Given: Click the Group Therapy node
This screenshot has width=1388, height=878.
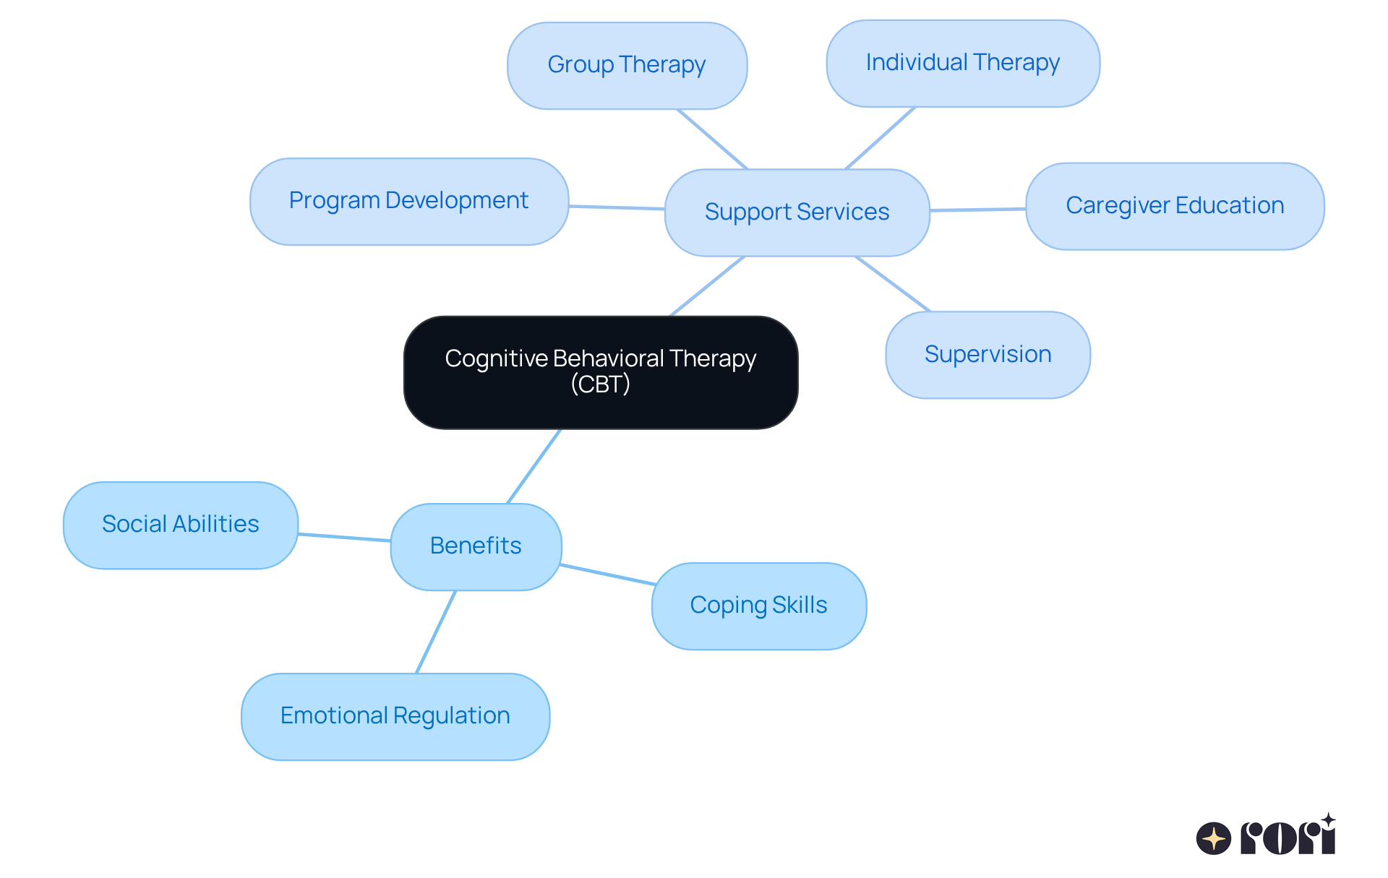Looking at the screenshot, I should coord(627,66).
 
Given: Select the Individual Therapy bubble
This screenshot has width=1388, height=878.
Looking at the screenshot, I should coord(962,64).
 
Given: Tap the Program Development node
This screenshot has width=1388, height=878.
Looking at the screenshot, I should coord(408,201).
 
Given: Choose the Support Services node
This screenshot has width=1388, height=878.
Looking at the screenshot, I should coord(797,212).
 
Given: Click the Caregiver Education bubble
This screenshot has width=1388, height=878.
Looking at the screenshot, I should coord(1174,206).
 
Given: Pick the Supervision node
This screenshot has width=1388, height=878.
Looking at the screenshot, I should coord(987,355).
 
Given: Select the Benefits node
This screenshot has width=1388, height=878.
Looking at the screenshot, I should coord(475,546).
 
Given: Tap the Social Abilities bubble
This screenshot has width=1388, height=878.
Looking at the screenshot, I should coord(180,525).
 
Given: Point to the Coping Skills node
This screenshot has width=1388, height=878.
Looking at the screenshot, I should coord(758,606).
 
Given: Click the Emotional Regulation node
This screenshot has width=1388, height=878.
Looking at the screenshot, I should coord(395,716).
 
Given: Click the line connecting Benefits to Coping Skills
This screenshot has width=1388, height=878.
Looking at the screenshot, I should coord(607,574).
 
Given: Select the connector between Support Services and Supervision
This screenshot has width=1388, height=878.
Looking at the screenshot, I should coord(893,284).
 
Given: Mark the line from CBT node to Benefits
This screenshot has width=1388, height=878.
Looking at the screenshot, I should coord(534,467).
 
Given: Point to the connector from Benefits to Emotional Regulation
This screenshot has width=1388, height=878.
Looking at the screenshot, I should coord(436,632).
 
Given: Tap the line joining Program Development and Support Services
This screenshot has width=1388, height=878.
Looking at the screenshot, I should coord(616,208).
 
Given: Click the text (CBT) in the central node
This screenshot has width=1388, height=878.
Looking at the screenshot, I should coord(600,384).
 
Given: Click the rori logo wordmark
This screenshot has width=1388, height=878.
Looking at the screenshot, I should coord(1288,837).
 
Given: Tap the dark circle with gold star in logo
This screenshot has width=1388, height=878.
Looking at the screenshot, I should coord(1213,838).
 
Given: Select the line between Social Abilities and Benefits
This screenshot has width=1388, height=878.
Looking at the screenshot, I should coord(344,538).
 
